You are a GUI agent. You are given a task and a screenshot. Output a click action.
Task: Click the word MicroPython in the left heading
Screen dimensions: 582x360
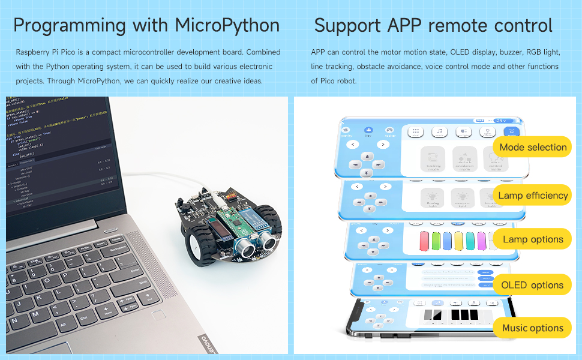click(227, 26)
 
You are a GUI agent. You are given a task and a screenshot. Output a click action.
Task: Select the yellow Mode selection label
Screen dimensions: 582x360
click(532, 147)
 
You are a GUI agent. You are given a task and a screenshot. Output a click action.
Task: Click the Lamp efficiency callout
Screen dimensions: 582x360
click(532, 196)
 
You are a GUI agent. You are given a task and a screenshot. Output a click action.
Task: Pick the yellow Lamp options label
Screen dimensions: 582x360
click(532, 239)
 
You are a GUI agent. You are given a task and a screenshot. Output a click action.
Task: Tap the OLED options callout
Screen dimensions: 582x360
click(532, 285)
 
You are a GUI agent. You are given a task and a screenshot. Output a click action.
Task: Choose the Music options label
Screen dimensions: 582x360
click(532, 328)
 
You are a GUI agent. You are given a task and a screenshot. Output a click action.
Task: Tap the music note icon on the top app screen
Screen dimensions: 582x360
click(440, 131)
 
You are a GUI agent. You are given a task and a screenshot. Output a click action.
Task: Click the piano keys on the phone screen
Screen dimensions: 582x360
click(454, 314)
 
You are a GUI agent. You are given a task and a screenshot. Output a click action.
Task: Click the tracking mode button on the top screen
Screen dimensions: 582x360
click(433, 160)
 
